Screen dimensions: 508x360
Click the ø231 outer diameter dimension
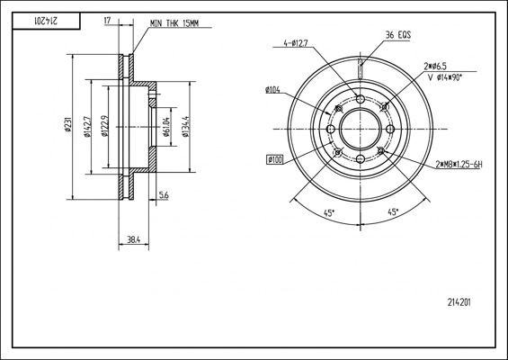pyautogui.click(x=67, y=127)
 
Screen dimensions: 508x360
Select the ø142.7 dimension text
pyautogui.click(x=87, y=127)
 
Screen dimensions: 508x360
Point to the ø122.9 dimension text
pyautogui.click(x=104, y=127)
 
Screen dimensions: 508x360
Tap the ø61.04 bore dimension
pyautogui.click(x=166, y=127)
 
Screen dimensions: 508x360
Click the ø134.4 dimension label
pyautogui.click(x=185, y=127)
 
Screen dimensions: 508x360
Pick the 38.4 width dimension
pyautogui.click(x=133, y=239)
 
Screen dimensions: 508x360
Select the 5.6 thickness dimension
pyautogui.click(x=164, y=195)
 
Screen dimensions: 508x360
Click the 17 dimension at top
pyautogui.click(x=108, y=21)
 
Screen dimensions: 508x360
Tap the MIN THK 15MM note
pyautogui.click(x=174, y=23)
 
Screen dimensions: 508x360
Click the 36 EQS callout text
pyautogui.click(x=398, y=35)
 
